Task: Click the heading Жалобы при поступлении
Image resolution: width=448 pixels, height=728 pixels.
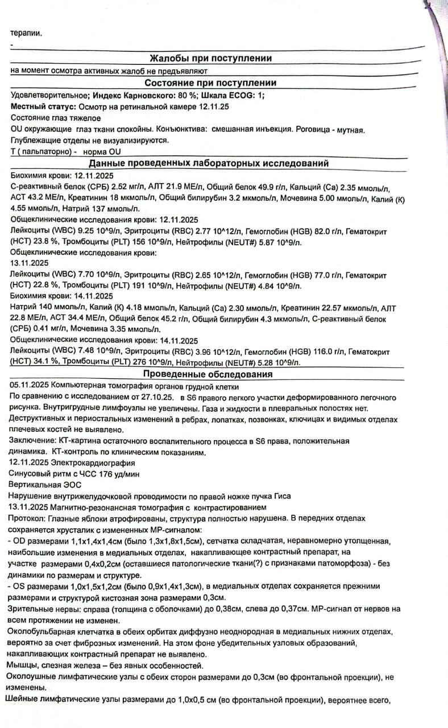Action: point(210,58)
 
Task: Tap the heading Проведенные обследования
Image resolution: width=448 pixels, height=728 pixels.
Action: point(208,374)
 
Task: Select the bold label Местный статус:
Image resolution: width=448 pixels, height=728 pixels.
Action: point(43,106)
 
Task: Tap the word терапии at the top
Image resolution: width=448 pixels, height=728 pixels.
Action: point(26,33)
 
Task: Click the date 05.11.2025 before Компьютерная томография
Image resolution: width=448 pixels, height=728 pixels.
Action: point(29,386)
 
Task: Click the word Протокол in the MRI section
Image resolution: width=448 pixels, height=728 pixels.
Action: point(26,518)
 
